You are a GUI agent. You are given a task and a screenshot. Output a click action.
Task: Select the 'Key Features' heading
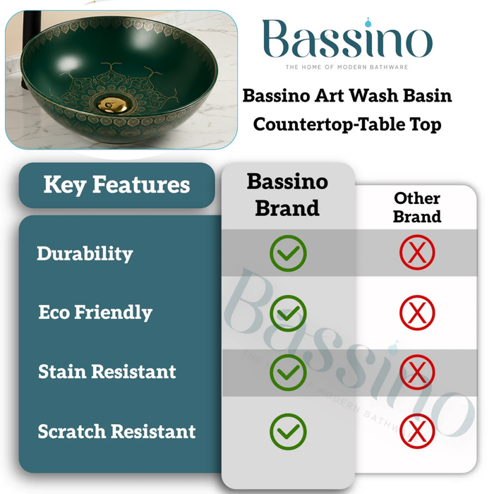116,185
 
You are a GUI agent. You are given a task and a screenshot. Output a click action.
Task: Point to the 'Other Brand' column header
417,207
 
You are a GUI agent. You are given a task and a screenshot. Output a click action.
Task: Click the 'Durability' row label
85,253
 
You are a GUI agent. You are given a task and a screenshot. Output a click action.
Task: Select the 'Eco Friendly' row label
95,312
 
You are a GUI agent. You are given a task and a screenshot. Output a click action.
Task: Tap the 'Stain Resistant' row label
107,371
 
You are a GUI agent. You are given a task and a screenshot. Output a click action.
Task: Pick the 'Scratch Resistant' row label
117,430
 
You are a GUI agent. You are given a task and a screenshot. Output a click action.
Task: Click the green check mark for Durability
288,253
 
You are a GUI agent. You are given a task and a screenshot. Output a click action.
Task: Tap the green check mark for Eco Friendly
288,313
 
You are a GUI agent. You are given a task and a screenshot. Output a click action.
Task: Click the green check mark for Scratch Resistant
288,431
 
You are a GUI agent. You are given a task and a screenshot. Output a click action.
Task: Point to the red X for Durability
417,253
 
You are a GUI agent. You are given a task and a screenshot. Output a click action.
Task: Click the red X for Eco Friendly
417,313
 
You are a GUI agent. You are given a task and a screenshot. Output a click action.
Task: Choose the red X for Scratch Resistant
417,431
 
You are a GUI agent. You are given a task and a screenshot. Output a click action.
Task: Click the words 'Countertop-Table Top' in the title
347,125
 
